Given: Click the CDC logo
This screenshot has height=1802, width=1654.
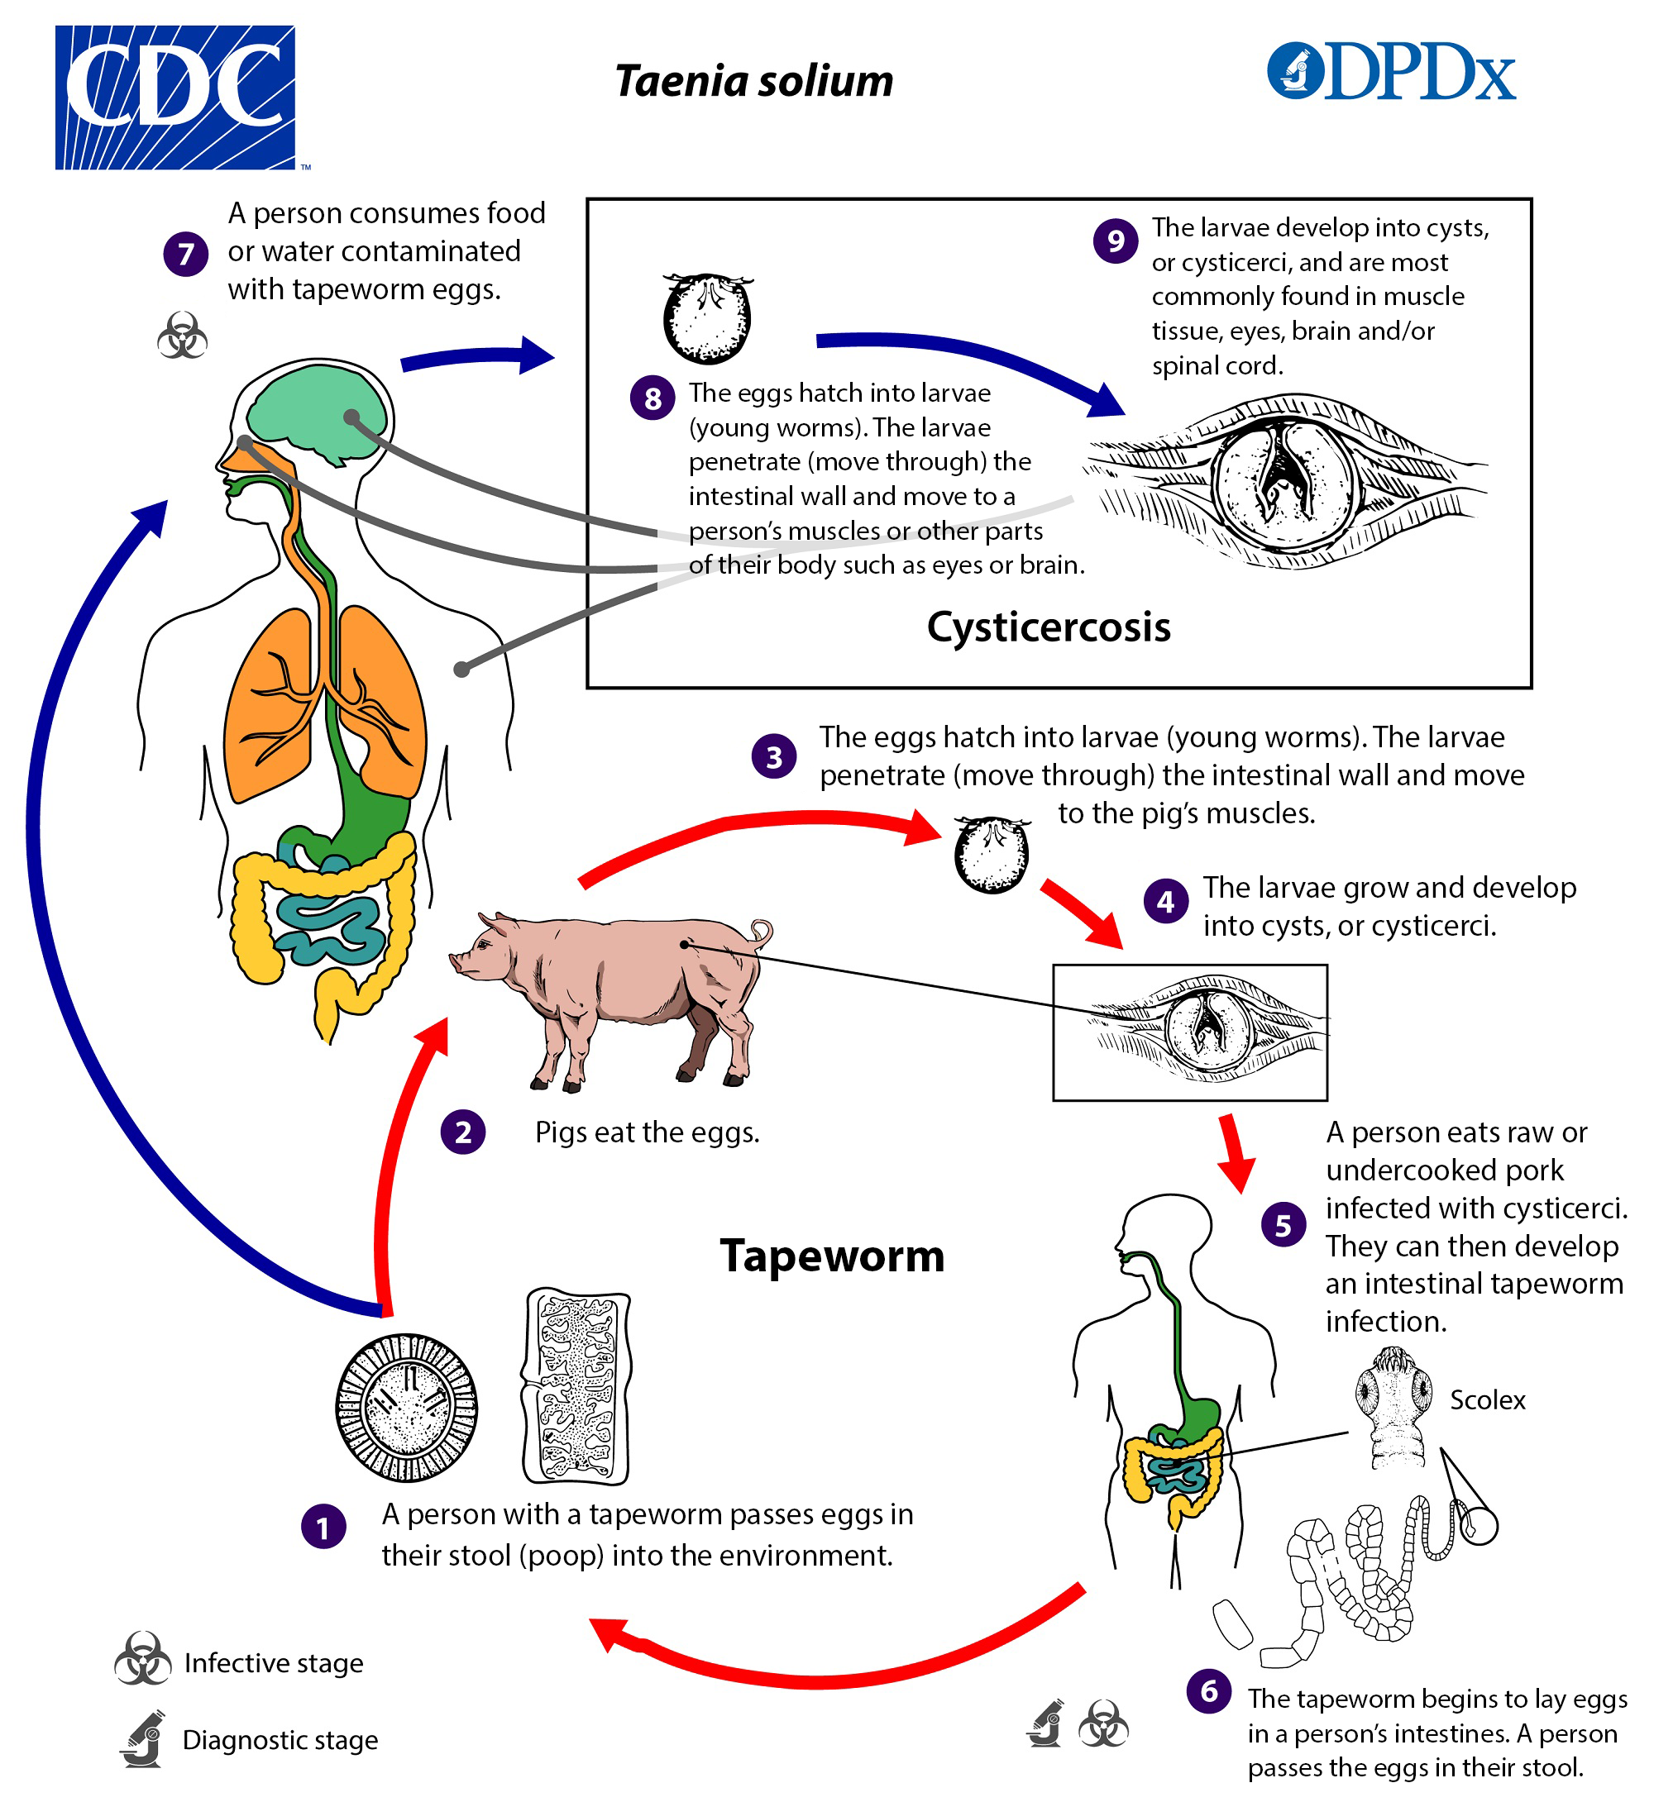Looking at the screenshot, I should pyautogui.click(x=175, y=97).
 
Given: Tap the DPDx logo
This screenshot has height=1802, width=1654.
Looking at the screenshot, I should pyautogui.click(x=1391, y=72).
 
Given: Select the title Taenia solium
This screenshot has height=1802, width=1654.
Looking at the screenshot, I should pyautogui.click(x=753, y=82).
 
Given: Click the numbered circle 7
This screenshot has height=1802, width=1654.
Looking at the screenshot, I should pyautogui.click(x=186, y=254).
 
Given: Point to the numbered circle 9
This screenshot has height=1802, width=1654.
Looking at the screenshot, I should pyautogui.click(x=1115, y=241).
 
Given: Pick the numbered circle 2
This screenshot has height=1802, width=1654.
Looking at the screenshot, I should pyautogui.click(x=463, y=1132).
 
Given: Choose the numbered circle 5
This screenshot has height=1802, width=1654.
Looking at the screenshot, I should pyautogui.click(x=1283, y=1225).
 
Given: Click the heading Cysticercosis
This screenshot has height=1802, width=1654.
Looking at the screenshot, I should pyautogui.click(x=1048, y=627).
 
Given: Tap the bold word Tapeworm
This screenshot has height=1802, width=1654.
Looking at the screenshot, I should pyautogui.click(x=831, y=1256).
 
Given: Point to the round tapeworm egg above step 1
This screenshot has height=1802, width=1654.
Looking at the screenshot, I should pyautogui.click(x=406, y=1408).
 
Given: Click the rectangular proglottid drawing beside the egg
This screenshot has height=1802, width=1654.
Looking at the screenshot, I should pyautogui.click(x=576, y=1386).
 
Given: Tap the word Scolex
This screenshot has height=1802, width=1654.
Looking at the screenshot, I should pyautogui.click(x=1487, y=1399).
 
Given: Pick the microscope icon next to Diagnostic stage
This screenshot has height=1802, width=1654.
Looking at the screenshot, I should pyautogui.click(x=143, y=1738).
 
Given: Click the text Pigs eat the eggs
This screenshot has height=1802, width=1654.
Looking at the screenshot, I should pyautogui.click(x=647, y=1132).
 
